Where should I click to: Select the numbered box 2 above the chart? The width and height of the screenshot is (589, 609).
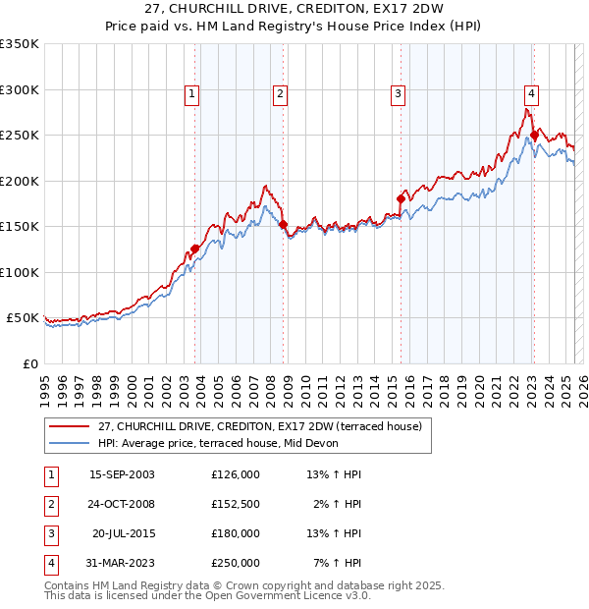[x=280, y=94]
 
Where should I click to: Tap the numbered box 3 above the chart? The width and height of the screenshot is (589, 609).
[x=398, y=94]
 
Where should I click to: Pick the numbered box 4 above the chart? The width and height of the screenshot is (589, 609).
[x=531, y=94]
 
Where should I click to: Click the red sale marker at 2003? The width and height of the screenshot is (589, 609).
[x=195, y=249]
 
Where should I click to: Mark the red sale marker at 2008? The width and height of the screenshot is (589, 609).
[x=284, y=225]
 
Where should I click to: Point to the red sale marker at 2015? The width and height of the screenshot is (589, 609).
[x=401, y=199]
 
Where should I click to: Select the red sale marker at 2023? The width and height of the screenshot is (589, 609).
[x=534, y=136]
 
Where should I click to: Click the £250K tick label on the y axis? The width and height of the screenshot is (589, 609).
[x=19, y=136]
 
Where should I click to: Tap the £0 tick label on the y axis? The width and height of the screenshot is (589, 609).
[x=29, y=363]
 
